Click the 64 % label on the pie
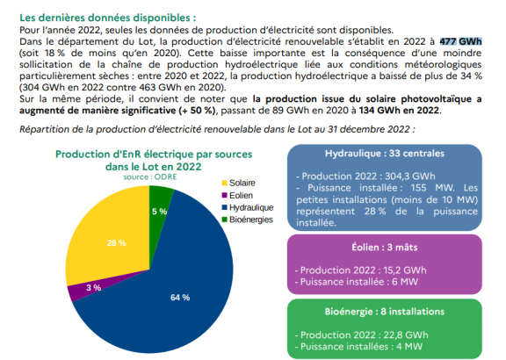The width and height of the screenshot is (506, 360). click(x=180, y=298)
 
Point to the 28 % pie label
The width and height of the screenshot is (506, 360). click(x=117, y=243)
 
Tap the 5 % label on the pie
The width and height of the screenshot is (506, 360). click(x=159, y=212)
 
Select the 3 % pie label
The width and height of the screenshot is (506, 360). click(x=94, y=287)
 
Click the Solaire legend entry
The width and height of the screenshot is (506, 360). click(x=238, y=183)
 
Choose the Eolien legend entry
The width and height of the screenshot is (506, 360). click(x=237, y=196)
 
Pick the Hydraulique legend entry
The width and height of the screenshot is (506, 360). click(x=248, y=207)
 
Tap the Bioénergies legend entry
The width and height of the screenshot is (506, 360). click(x=248, y=220)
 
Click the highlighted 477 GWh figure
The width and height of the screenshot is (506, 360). click(x=460, y=41)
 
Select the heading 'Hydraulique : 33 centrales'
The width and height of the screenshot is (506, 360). click(x=385, y=154)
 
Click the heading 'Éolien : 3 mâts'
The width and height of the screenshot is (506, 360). click(x=385, y=248)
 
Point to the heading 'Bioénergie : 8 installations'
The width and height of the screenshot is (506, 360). click(x=385, y=312)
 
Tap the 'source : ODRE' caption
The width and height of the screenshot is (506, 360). click(x=150, y=176)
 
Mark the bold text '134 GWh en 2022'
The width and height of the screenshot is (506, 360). click(x=399, y=111)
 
